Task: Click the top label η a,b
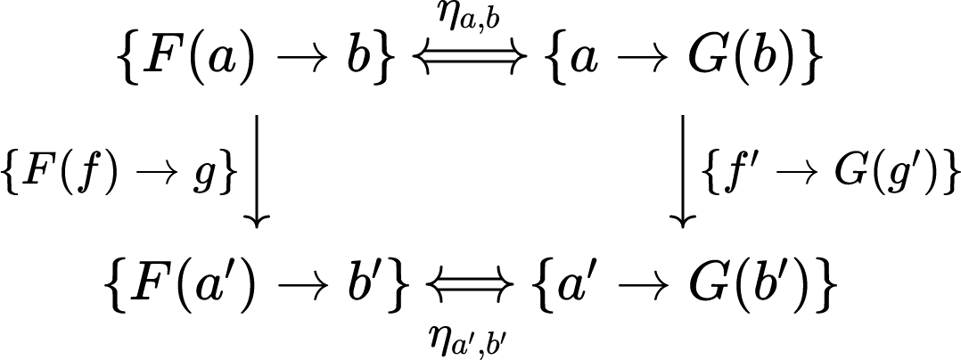pyautogui.click(x=473, y=18)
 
